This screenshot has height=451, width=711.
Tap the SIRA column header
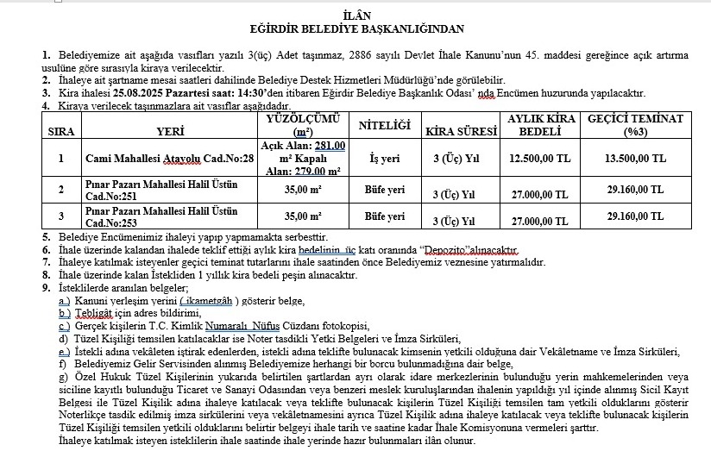coord(61,132)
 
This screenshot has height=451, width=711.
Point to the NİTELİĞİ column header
coord(383,125)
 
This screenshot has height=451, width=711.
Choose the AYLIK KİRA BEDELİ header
coord(540,125)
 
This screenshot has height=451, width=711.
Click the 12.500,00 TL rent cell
coord(540,159)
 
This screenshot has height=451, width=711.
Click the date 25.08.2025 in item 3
coord(128,91)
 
